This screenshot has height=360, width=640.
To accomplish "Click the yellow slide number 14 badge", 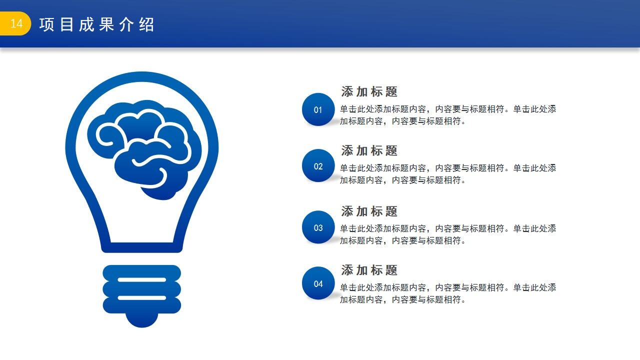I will click(15, 24).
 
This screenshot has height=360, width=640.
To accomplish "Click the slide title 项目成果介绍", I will click(96, 24).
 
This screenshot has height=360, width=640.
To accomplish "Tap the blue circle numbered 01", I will click(318, 109).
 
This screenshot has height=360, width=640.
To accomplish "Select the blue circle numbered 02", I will click(318, 166).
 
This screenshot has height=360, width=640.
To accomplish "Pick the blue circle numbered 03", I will click(318, 227).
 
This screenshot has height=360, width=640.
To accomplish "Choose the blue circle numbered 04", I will click(318, 283).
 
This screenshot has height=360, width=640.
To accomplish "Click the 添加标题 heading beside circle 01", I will click(369, 92).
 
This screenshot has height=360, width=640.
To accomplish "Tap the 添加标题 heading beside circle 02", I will click(369, 150).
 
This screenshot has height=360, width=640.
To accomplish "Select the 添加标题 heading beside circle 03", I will click(369, 211).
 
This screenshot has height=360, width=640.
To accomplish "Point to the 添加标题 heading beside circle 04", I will click(369, 270).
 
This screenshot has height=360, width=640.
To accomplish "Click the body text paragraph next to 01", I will click(447, 115).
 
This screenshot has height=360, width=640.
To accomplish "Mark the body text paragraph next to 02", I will click(447, 174).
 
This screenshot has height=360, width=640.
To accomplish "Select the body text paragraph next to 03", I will click(447, 234).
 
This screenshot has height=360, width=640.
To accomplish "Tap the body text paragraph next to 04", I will click(447, 293).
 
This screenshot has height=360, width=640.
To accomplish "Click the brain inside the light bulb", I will click(144, 148).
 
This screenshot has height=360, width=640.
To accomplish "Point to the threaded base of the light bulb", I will click(142, 289).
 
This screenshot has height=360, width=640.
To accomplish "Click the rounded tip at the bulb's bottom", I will click(142, 320).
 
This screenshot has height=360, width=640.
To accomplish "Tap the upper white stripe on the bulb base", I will click(142, 280).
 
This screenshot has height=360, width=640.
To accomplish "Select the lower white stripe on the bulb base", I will click(142, 297).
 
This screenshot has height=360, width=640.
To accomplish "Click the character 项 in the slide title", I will click(46, 24).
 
